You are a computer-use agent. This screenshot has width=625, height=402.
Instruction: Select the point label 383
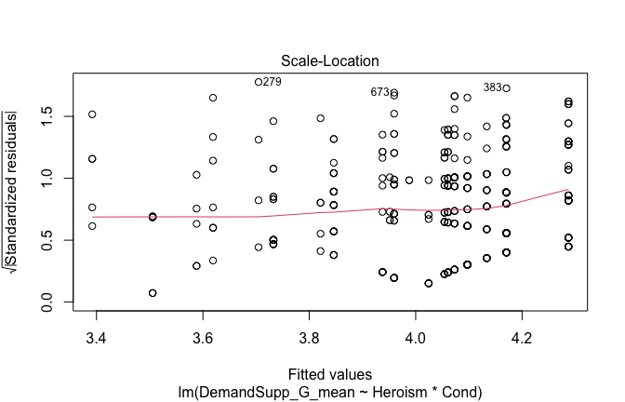point(492,87)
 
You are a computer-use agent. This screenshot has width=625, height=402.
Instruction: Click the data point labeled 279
point(259,82)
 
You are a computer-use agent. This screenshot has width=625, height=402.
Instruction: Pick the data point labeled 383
point(506,88)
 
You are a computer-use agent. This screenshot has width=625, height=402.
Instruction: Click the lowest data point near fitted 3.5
point(153,293)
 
